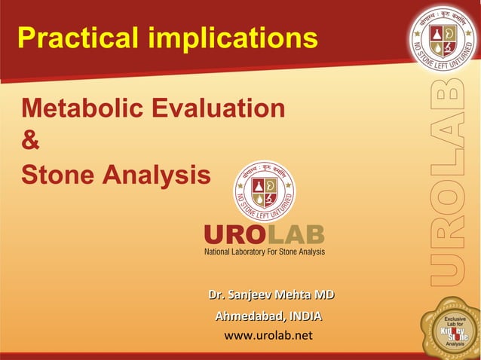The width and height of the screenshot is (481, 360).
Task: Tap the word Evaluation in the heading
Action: (222, 108)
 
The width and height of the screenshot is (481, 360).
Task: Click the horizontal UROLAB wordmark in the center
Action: (264, 235)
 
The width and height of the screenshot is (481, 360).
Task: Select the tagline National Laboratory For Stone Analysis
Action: (265, 252)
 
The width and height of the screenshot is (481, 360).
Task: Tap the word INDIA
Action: (305, 316)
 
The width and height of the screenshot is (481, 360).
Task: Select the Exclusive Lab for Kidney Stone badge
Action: (453, 329)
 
